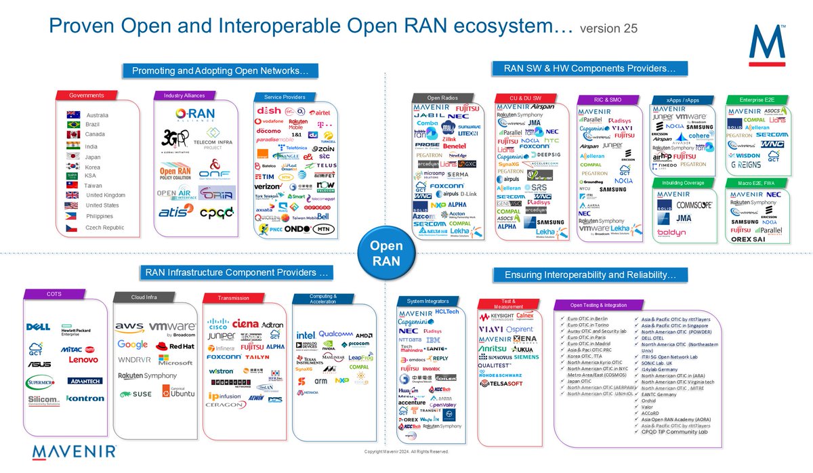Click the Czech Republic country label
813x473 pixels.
click(x=104, y=228)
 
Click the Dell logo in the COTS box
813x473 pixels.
click(x=38, y=327)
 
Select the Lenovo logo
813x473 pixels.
click(x=83, y=359)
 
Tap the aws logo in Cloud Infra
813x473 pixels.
click(x=129, y=327)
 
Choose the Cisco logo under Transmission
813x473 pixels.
click(x=222, y=323)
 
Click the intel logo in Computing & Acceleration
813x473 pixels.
click(x=305, y=335)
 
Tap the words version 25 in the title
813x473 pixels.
click(x=608, y=28)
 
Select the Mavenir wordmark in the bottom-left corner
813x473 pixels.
click(x=75, y=452)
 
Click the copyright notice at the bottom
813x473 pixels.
click(x=406, y=451)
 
